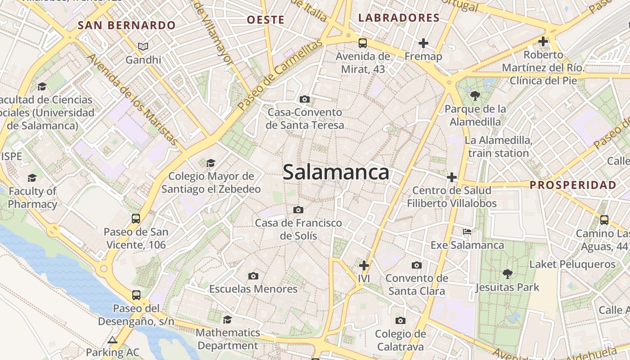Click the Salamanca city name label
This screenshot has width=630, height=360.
[336, 172]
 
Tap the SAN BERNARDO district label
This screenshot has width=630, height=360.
[126, 25]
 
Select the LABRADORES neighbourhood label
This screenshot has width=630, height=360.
[399, 18]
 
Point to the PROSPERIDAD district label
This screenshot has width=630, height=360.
[573, 185]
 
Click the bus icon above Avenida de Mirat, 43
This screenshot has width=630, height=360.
[363, 43]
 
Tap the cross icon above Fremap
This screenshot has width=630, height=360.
[423, 43]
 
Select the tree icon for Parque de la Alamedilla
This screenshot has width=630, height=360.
[475, 95]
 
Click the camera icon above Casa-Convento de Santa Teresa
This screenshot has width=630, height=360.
[305, 99]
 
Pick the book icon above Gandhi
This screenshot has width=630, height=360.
[143, 46]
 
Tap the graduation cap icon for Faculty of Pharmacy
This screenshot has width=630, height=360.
[32, 178]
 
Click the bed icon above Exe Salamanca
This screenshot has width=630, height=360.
[467, 232]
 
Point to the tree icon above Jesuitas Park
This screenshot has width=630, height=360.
[507, 274]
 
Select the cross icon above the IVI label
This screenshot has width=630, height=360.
[364, 265]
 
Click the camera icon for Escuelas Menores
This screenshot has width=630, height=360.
[253, 276]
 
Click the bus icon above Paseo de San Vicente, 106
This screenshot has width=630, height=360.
[136, 219]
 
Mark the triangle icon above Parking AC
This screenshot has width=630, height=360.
[112, 340]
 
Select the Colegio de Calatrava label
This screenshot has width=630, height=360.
[400, 340]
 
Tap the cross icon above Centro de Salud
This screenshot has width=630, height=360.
[452, 177]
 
